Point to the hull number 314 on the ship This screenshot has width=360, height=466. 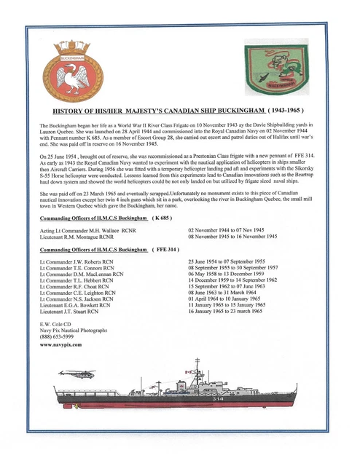239,399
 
